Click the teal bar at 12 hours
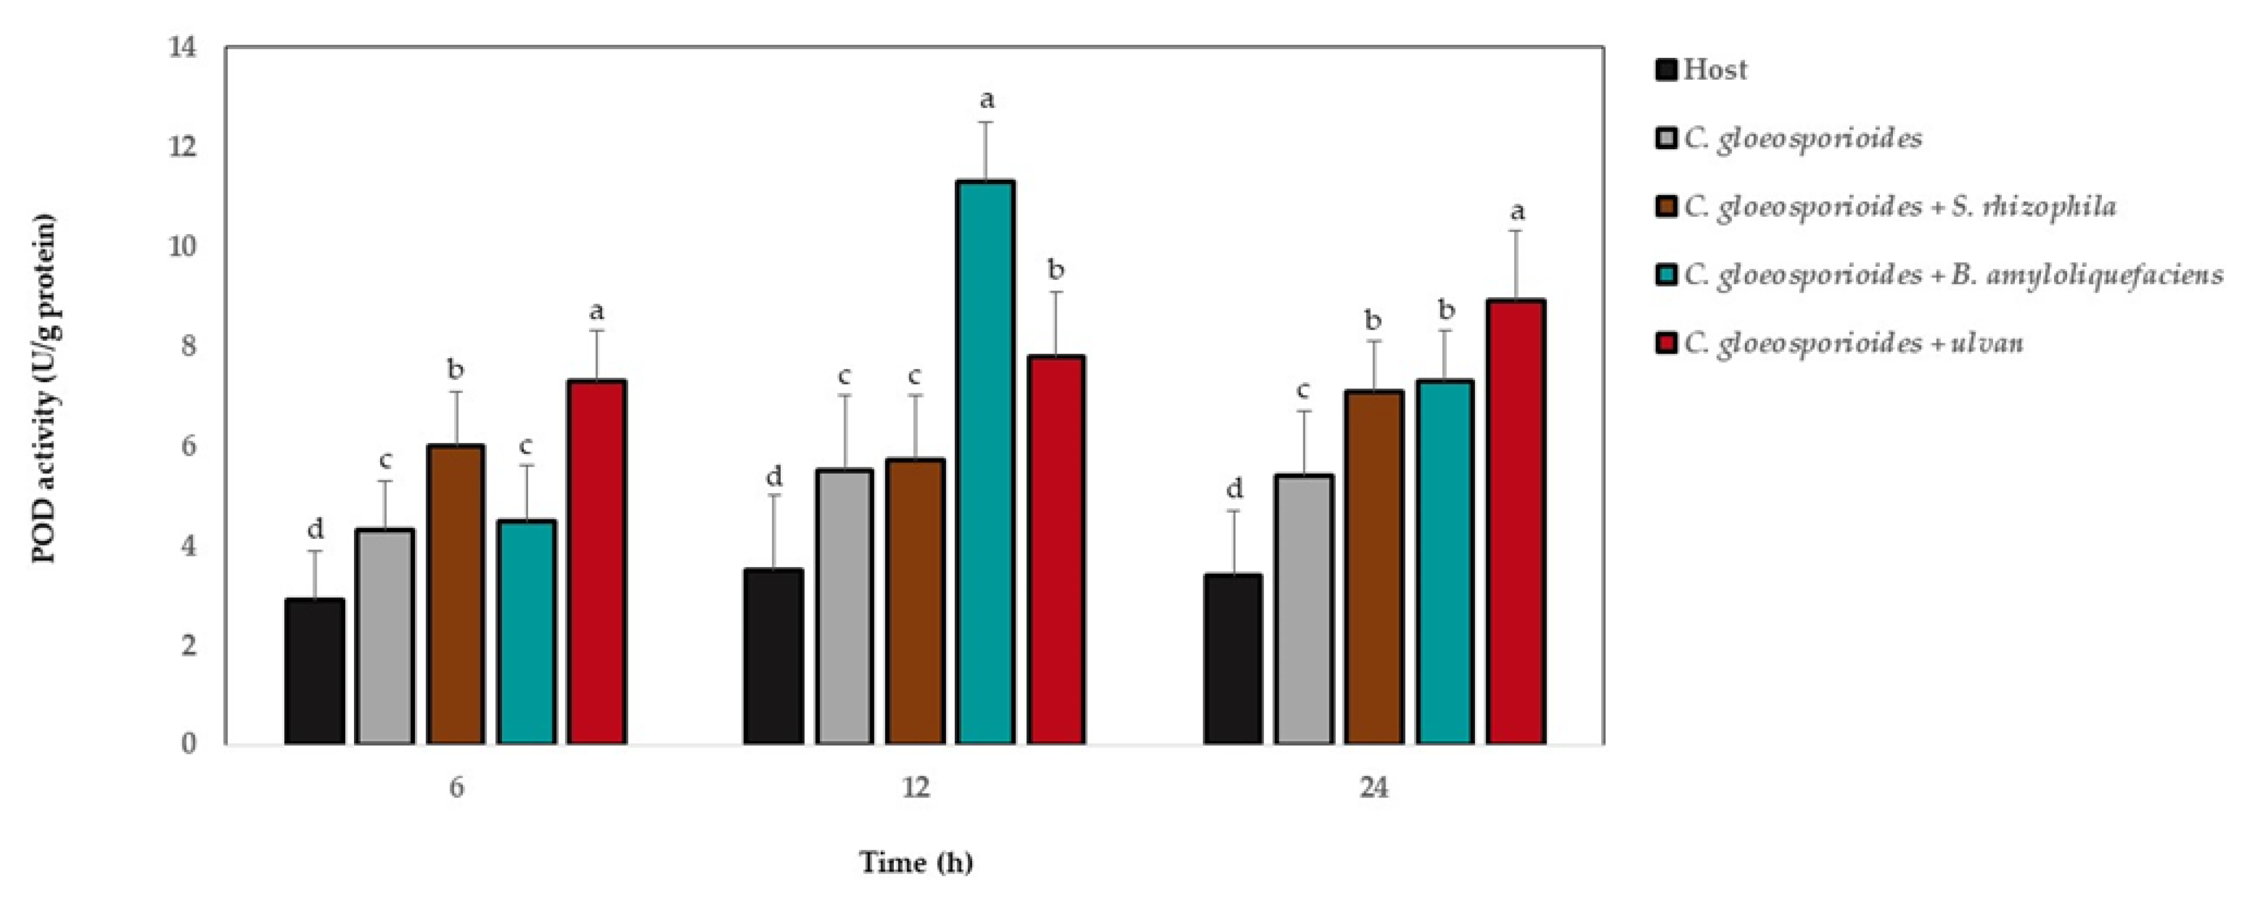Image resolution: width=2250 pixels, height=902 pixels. pos(985,463)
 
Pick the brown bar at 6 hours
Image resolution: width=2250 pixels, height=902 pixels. pos(456,594)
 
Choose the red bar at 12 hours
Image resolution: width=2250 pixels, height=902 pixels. pos(1056,550)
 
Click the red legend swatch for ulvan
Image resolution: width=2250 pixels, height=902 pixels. pos(1667,343)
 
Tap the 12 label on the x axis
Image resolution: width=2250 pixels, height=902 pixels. pos(916,788)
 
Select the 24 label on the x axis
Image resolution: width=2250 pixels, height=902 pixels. pos(1374,788)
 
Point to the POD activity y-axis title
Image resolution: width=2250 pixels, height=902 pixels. pos(44,389)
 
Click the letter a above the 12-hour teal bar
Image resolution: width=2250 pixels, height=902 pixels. pos(986,99)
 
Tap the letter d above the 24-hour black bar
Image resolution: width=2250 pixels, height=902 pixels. pos(1234,487)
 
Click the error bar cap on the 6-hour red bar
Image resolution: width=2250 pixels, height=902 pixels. pos(597,330)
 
